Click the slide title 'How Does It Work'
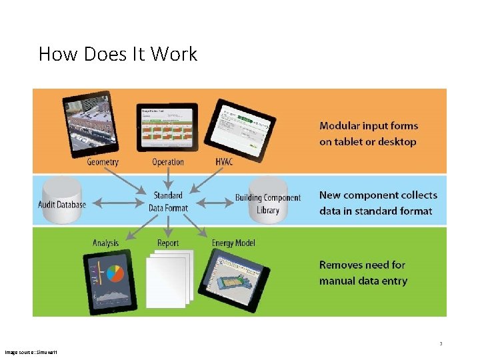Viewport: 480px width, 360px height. [x=118, y=53]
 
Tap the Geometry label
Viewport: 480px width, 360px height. [x=103, y=162]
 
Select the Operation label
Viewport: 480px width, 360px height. [x=167, y=162]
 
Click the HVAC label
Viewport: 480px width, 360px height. [x=224, y=162]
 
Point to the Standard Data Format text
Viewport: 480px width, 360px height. [x=167, y=201]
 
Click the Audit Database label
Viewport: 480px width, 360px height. [x=62, y=204]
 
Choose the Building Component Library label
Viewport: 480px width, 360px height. [x=267, y=203]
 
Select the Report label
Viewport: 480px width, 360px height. [x=168, y=243]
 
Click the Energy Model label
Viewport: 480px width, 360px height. [x=233, y=243]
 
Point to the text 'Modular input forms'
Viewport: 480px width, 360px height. [x=369, y=126]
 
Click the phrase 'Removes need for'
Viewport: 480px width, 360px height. [x=362, y=265]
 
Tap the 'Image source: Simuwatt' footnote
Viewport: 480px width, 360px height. [x=31, y=351]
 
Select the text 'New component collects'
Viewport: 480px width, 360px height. [x=378, y=195]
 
